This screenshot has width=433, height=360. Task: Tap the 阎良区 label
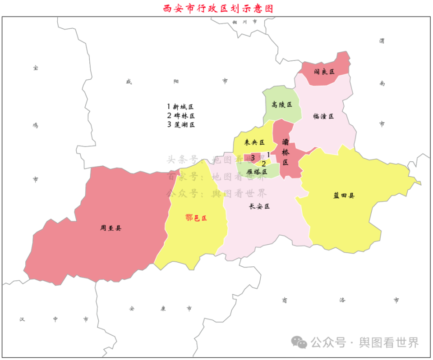click(324, 72)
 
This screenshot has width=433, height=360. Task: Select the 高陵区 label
click(282, 105)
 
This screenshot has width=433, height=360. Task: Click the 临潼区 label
click(323, 116)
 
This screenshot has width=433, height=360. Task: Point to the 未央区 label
click(254, 142)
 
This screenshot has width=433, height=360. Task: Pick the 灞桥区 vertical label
click(286, 152)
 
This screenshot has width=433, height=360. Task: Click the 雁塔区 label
click(257, 172)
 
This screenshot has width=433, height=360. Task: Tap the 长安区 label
click(259, 206)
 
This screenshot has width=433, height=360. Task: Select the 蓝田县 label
click(344, 196)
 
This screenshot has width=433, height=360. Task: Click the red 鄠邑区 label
click(196, 218)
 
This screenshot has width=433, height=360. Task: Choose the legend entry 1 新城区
click(180, 107)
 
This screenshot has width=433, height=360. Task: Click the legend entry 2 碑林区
click(180, 116)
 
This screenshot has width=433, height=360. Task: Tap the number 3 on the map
click(253, 158)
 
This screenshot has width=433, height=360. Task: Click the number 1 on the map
click(268, 155)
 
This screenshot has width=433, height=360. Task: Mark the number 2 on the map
click(264, 164)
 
